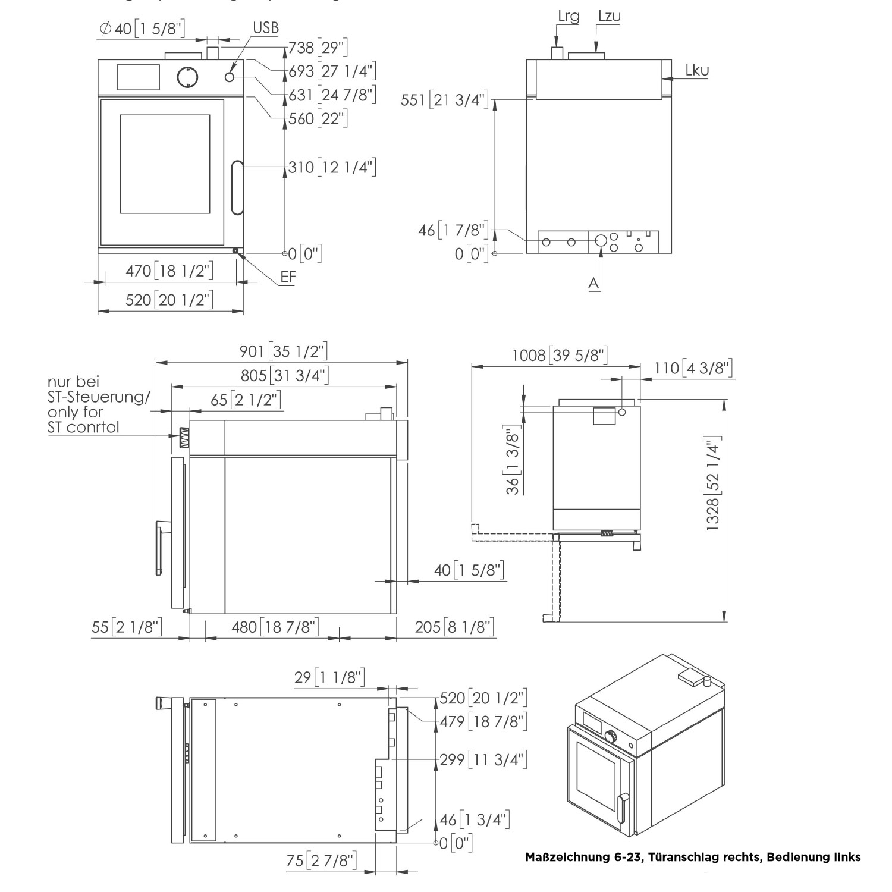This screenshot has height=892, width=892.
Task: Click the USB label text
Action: point(265,27)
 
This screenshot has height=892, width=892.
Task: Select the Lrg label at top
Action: point(569,16)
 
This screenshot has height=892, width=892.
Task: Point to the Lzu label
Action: point(609,16)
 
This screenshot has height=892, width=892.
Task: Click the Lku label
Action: point(696,70)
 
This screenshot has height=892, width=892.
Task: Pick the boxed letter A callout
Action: point(593,284)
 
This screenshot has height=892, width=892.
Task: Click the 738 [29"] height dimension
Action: point(318,48)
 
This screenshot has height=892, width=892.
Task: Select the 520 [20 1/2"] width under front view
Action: point(169,300)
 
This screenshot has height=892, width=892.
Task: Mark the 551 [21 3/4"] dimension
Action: point(445,100)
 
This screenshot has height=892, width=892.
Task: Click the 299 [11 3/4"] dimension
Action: point(483,759)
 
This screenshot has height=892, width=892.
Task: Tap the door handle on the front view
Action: point(237,187)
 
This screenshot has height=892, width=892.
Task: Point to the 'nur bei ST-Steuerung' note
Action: point(98,404)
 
